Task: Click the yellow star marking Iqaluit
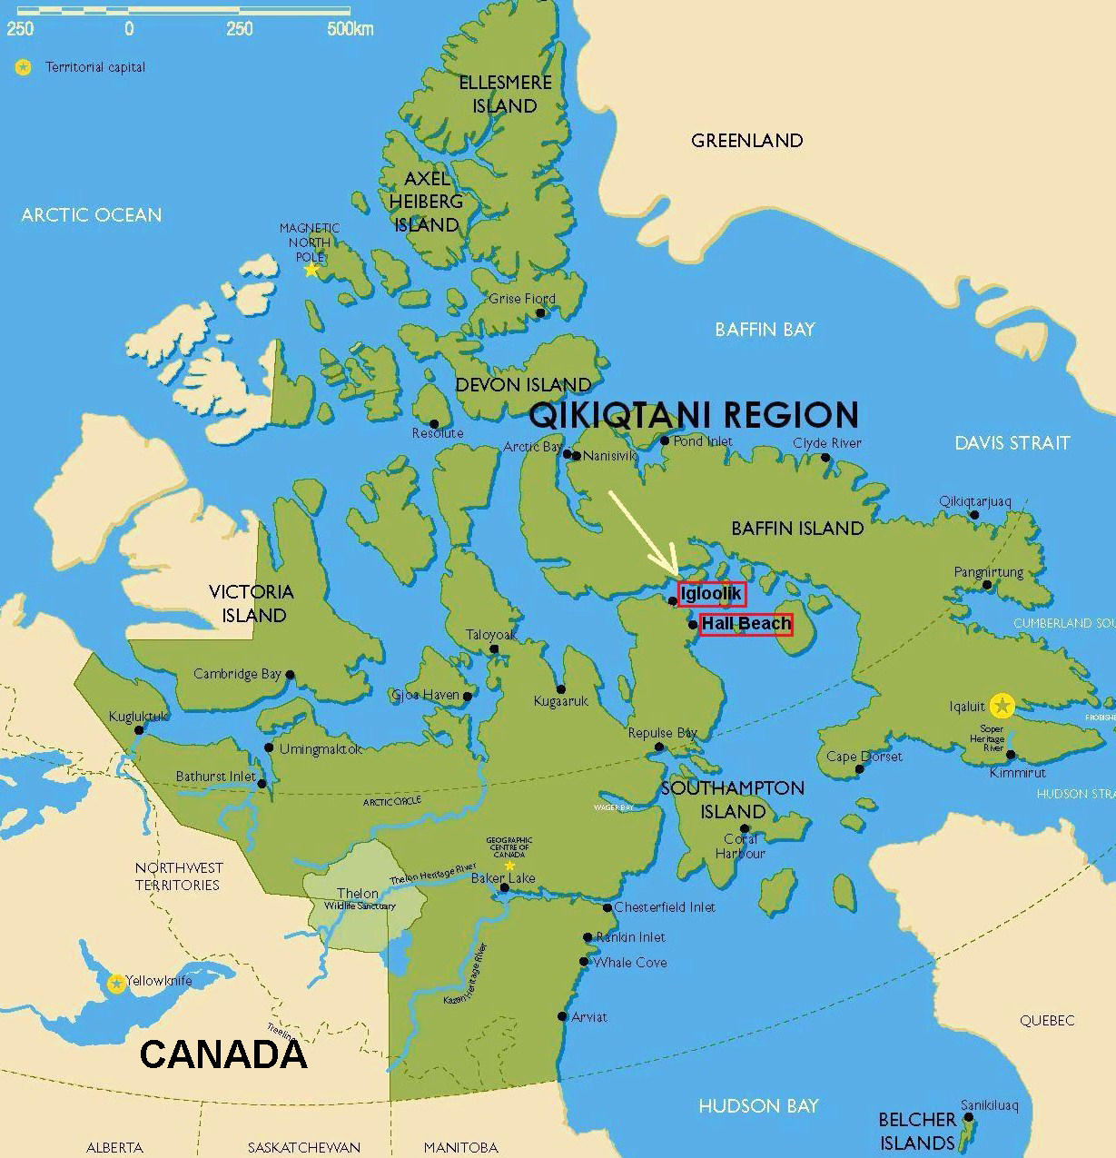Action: coord(1002,705)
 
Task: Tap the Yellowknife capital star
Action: coord(116,984)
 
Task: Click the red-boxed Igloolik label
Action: coord(712,594)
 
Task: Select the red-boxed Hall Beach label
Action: coord(746,624)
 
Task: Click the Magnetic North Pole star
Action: coord(311,270)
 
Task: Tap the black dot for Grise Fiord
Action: coord(540,312)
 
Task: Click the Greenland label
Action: coord(746,141)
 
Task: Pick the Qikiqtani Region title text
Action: coord(693,415)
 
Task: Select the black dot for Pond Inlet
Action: coord(665,441)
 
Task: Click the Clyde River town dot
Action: coord(825,457)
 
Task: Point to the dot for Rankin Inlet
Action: coord(588,937)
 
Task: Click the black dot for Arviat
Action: coord(563,1017)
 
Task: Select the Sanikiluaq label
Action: coord(990,1105)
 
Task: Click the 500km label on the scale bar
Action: coord(350,29)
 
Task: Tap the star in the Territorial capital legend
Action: coord(23,67)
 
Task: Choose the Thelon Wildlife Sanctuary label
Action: coord(360,899)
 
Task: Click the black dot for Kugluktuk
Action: coord(139,730)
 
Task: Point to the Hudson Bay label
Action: coord(758,1106)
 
